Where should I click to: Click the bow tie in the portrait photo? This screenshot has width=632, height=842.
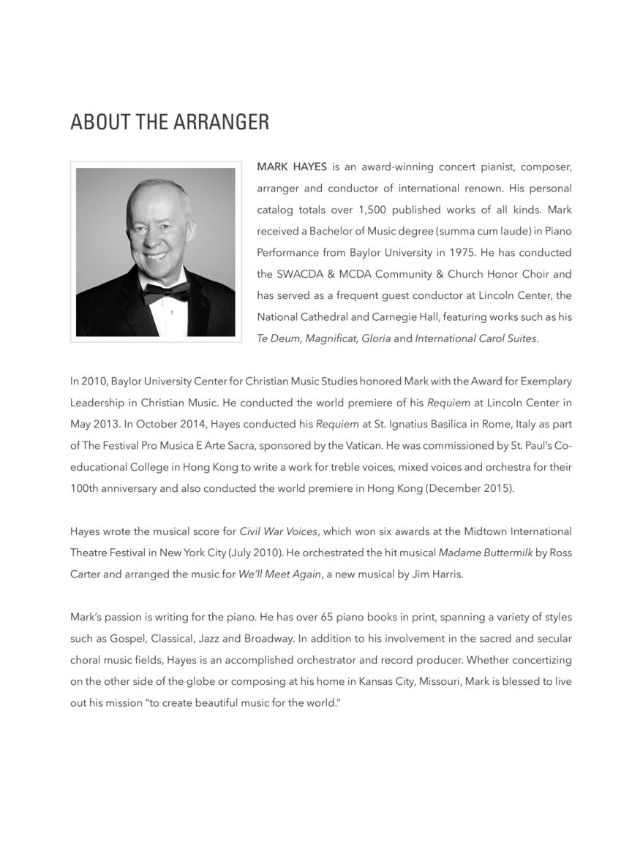click(166, 292)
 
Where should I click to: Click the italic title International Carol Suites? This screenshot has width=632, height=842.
click(476, 339)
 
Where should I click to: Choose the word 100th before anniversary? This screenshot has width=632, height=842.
click(86, 488)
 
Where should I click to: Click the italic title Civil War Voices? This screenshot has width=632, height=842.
click(279, 531)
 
